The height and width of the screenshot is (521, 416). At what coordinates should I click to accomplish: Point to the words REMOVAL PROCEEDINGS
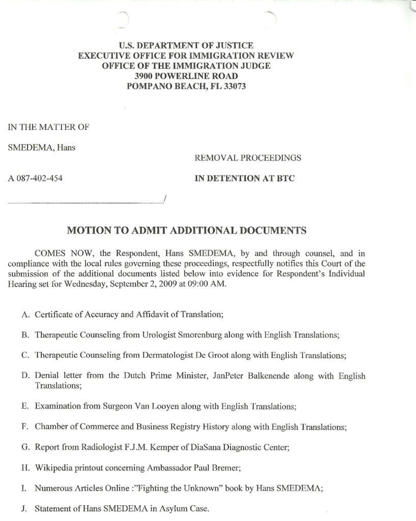tap(241, 158)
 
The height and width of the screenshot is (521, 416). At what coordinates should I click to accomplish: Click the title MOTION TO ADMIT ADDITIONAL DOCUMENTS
tap(187, 230)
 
